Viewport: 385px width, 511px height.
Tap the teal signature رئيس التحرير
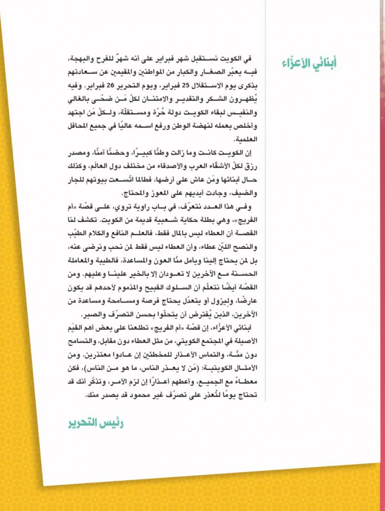[x=96, y=424]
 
